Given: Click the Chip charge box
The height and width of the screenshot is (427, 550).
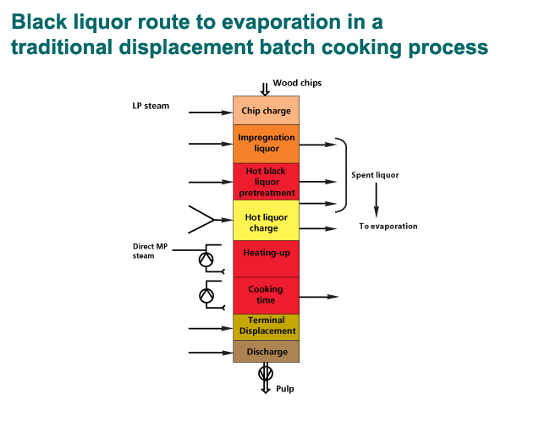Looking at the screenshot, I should [266, 111].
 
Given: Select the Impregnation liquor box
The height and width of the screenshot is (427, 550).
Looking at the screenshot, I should [266, 143].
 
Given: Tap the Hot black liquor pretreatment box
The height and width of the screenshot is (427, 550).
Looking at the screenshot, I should [266, 181].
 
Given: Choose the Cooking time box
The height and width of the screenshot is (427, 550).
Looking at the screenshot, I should [266, 295].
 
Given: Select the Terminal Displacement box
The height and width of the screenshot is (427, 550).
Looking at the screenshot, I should [266, 326].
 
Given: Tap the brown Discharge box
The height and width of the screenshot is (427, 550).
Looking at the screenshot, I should [266, 352].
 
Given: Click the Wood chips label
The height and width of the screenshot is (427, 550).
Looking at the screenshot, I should [297, 83].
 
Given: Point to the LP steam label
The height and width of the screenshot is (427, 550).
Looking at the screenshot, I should [151, 107].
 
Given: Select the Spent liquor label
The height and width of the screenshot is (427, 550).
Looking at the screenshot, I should [375, 175].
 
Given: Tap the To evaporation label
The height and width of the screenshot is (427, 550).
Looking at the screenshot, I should [388, 227].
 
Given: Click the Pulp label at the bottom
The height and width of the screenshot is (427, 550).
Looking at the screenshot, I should [285, 389].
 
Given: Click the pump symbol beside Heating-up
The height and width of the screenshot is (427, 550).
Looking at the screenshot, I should [206, 260].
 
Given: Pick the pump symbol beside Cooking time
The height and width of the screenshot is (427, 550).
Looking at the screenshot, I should [206, 296].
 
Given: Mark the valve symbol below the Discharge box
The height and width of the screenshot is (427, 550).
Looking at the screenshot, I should [266, 372].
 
